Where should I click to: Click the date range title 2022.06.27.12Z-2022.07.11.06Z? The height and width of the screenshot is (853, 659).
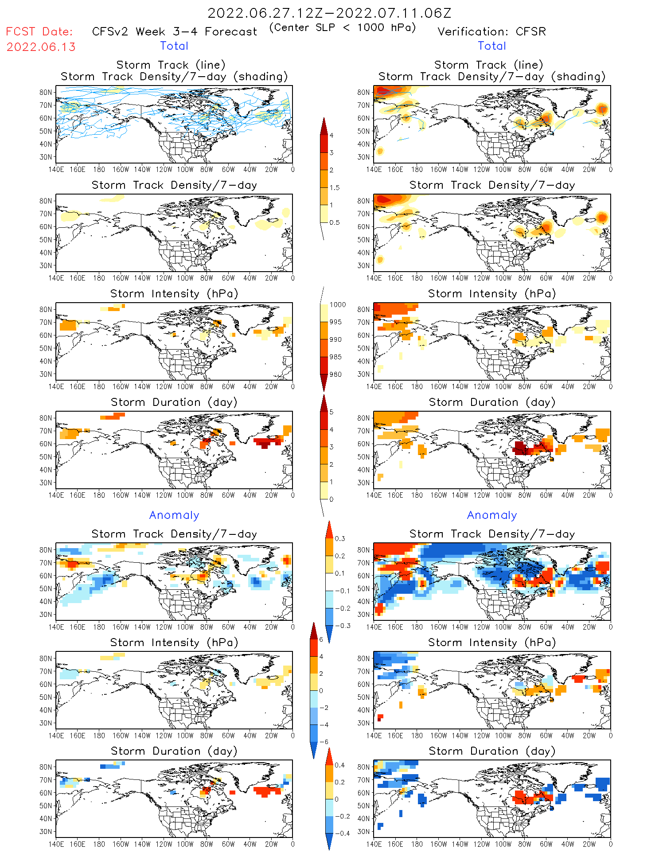pyautogui.click(x=329, y=13)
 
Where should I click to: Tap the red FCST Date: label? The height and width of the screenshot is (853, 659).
pyautogui.click(x=39, y=32)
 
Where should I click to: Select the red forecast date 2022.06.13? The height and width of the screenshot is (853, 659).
pyautogui.click(x=41, y=47)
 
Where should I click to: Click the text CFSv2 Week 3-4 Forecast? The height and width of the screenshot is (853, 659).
pyautogui.click(x=174, y=32)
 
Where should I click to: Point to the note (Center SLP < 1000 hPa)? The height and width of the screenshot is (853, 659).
pyautogui.click(x=343, y=27)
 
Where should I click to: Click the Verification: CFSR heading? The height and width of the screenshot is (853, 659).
pyautogui.click(x=491, y=32)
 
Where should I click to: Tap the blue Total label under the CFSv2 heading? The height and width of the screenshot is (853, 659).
pyautogui.click(x=174, y=46)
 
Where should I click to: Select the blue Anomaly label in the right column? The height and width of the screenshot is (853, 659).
pyautogui.click(x=492, y=515)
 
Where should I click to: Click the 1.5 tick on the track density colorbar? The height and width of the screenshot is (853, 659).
pyautogui.click(x=335, y=187)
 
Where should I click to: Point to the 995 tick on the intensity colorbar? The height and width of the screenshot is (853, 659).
pyautogui.click(x=335, y=322)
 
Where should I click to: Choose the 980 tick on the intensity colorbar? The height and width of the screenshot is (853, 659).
pyautogui.click(x=335, y=374)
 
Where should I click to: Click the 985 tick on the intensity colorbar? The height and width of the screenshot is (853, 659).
pyautogui.click(x=335, y=357)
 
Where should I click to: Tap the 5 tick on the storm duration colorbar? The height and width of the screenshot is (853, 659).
pyautogui.click(x=331, y=412)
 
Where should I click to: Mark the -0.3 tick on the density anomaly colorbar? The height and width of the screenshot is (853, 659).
pyautogui.click(x=342, y=626)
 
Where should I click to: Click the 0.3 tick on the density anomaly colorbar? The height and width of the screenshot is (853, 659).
pyautogui.click(x=340, y=539)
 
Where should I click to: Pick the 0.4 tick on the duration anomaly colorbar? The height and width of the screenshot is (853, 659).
pyautogui.click(x=340, y=765)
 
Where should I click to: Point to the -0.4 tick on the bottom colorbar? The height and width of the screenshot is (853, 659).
pyautogui.click(x=342, y=833)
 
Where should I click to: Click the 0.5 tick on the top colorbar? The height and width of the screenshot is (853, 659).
pyautogui.click(x=335, y=222)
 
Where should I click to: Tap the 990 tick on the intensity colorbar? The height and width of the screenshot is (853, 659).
pyautogui.click(x=335, y=339)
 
